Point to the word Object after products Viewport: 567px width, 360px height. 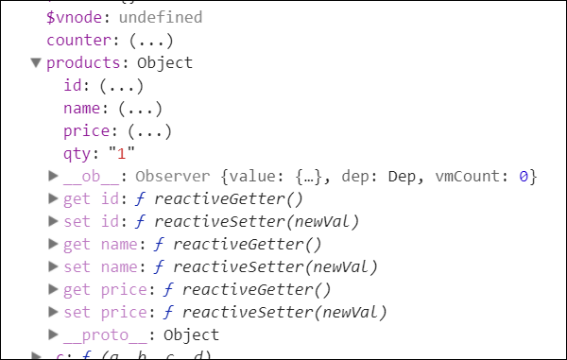click(x=164, y=63)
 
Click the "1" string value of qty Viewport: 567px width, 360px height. click(x=118, y=154)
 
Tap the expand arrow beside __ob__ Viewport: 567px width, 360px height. click(x=53, y=177)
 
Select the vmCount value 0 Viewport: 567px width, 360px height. click(x=531, y=177)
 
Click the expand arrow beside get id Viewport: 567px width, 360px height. click(x=53, y=199)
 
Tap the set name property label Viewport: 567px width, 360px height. click(x=98, y=267)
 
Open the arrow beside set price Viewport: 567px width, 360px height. click(x=53, y=313)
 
